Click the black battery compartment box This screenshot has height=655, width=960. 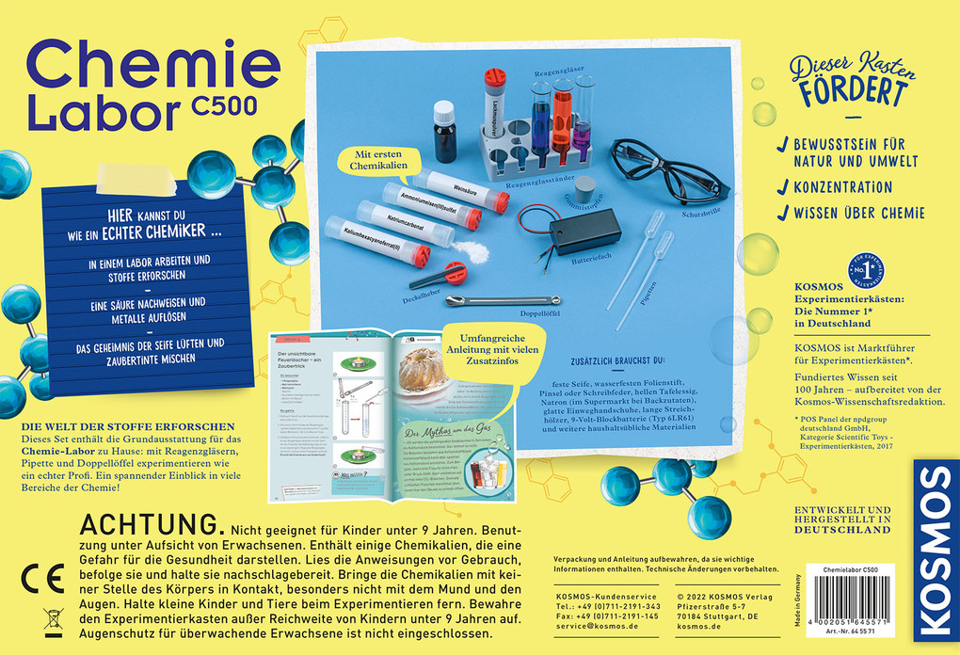point(584,231)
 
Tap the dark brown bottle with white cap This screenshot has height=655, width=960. point(446,133)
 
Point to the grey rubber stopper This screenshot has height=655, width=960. point(586,189)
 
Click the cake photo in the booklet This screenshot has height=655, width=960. point(421,368)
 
